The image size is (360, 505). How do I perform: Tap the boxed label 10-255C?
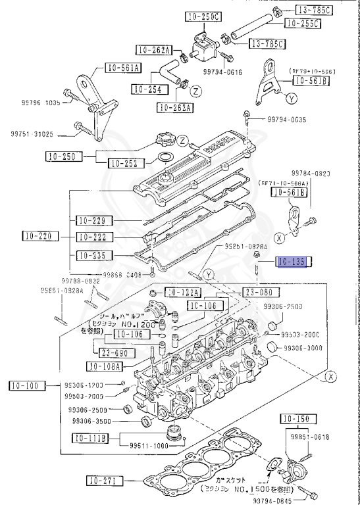click(x=302, y=24)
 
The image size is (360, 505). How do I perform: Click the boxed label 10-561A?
click(x=122, y=67)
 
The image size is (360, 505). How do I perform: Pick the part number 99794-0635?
click(x=288, y=120)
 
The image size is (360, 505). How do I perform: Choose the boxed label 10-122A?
click(x=183, y=291)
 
